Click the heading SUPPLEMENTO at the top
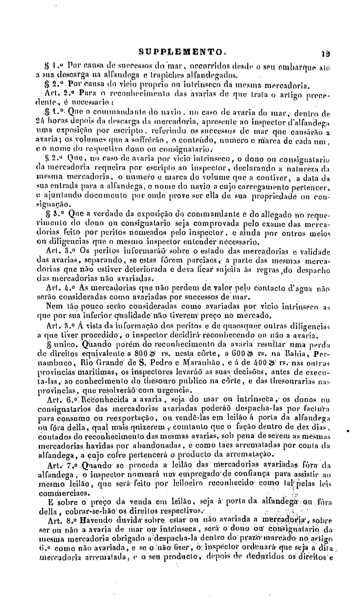181,53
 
